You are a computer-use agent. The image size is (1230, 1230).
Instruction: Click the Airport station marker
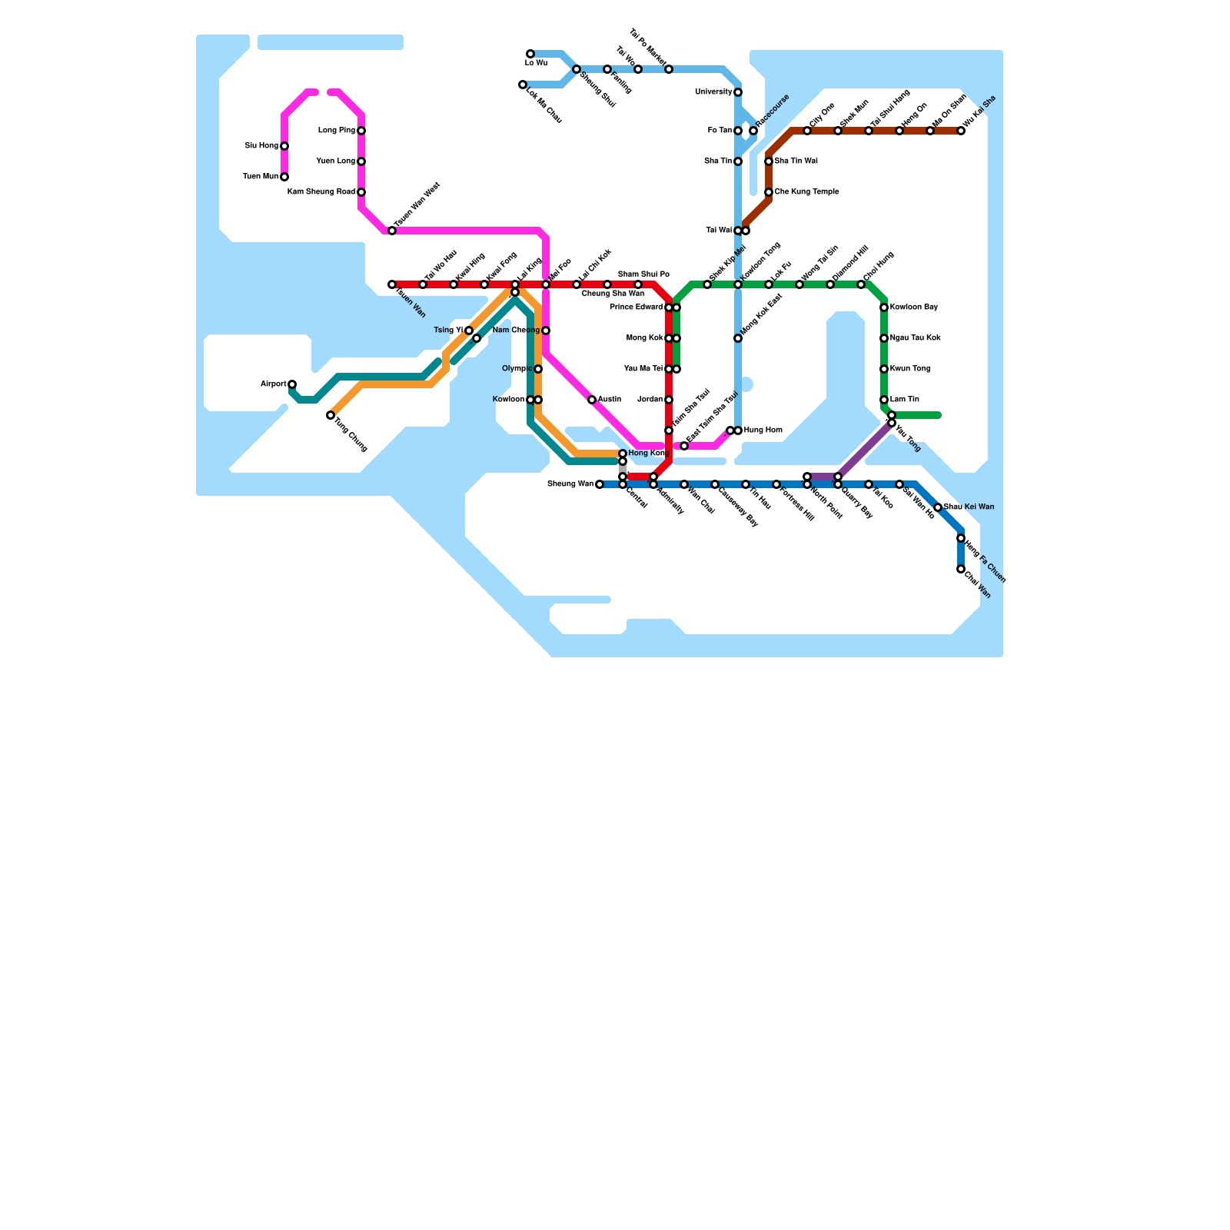(x=292, y=384)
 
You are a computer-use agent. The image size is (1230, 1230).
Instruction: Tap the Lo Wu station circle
(x=530, y=54)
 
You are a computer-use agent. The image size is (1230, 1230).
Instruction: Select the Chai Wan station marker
(x=961, y=569)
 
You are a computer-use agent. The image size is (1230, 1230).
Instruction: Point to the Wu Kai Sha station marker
(x=961, y=131)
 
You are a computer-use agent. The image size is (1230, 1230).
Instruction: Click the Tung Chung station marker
(x=331, y=415)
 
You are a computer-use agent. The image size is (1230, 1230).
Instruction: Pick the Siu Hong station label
(x=261, y=146)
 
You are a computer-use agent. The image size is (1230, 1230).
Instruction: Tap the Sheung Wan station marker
(x=600, y=484)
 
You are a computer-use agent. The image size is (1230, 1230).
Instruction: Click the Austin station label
(x=610, y=400)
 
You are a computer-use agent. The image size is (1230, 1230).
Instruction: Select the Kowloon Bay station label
(x=914, y=307)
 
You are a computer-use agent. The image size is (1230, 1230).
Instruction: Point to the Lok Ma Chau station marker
(x=523, y=85)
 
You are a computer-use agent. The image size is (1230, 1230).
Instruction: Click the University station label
(x=713, y=92)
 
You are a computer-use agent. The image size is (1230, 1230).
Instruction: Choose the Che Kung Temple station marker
(x=769, y=192)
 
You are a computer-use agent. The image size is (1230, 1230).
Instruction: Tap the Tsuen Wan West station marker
(x=392, y=231)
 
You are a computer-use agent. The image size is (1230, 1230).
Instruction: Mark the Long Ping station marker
(x=361, y=131)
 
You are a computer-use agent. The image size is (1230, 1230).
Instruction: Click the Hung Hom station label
(x=763, y=430)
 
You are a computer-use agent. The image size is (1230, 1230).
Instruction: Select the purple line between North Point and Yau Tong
(x=865, y=450)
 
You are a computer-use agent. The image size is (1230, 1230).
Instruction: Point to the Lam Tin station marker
(x=884, y=400)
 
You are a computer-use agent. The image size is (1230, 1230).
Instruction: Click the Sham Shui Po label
(x=643, y=274)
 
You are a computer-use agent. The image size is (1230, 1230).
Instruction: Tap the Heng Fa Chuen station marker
(x=961, y=538)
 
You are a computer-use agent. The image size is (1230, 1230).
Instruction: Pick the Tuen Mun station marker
(x=284, y=177)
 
